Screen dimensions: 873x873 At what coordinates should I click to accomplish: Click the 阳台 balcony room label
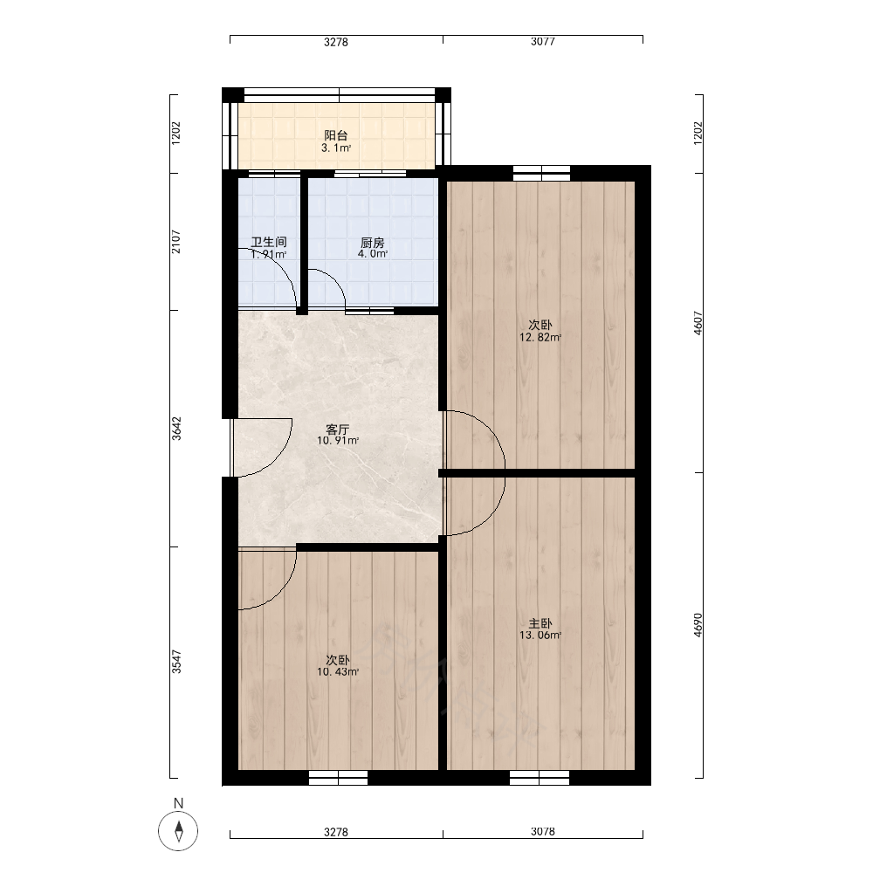point(336,135)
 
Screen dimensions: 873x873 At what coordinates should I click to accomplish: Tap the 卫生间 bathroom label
point(268,242)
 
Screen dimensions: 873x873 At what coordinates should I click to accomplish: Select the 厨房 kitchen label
point(373,243)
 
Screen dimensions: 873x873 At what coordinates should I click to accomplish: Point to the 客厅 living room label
point(337,430)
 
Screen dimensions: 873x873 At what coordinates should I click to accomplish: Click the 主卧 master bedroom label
point(540,623)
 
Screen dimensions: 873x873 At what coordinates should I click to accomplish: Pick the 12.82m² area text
point(540,337)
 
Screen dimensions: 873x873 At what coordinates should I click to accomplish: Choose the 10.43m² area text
point(337,672)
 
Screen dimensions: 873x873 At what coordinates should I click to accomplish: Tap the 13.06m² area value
point(540,636)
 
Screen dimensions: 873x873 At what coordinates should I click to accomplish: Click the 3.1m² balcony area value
point(336,148)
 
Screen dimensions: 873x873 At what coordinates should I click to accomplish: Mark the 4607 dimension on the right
point(698,323)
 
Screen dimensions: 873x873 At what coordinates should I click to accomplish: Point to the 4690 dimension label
point(698,625)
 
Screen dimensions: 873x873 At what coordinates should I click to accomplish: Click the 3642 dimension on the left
point(176,429)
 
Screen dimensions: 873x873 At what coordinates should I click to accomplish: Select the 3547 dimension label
point(176,662)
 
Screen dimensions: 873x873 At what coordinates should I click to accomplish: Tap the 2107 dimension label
point(176,242)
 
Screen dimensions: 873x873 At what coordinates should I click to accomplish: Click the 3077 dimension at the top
point(542,41)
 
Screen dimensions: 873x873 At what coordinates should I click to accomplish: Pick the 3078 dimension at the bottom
point(542,831)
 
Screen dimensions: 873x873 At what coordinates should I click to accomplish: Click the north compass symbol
point(178,831)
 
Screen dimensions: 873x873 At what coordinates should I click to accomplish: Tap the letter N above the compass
point(178,803)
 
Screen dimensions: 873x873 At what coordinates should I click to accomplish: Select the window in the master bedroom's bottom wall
point(540,778)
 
